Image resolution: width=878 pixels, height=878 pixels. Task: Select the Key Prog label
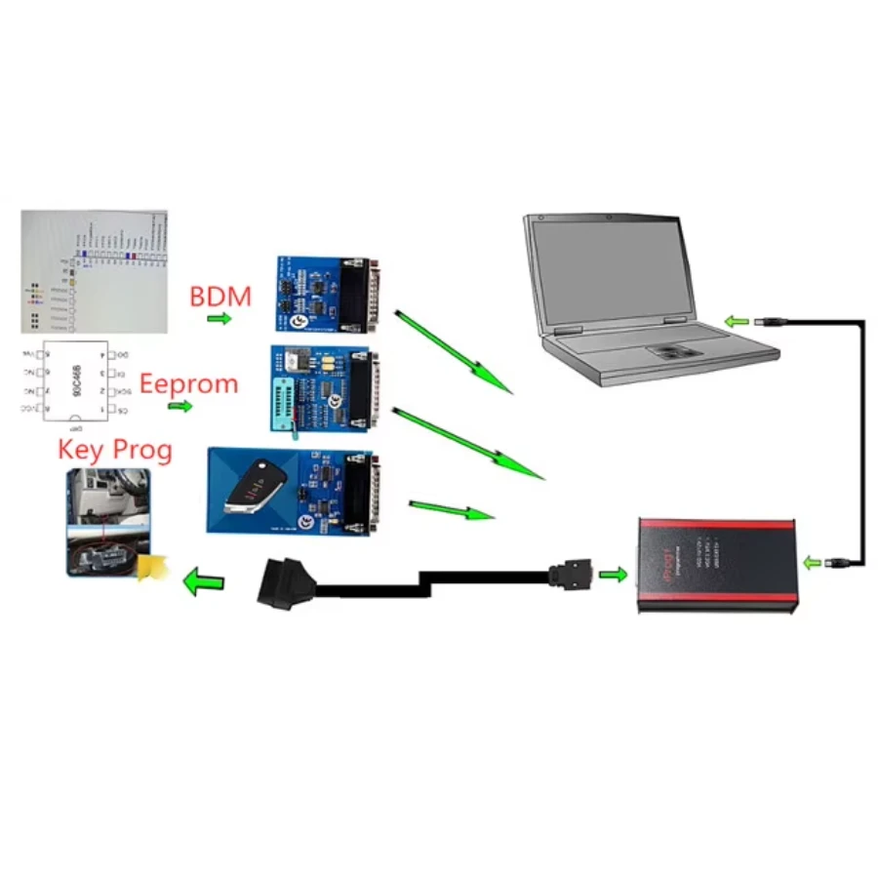coord(115,450)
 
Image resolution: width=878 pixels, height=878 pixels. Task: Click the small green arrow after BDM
coord(219,319)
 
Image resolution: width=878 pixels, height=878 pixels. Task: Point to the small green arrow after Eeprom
coord(180,405)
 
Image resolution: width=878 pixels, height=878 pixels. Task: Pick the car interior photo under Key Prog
coord(108,523)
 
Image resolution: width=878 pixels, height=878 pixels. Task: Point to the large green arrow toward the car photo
coord(204,583)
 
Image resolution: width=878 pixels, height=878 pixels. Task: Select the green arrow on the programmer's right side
coord(812,562)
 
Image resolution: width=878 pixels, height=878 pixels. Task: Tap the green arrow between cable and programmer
coord(613,574)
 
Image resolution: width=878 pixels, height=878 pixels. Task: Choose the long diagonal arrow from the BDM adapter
coord(453,352)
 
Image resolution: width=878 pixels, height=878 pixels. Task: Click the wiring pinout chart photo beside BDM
coord(94,272)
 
